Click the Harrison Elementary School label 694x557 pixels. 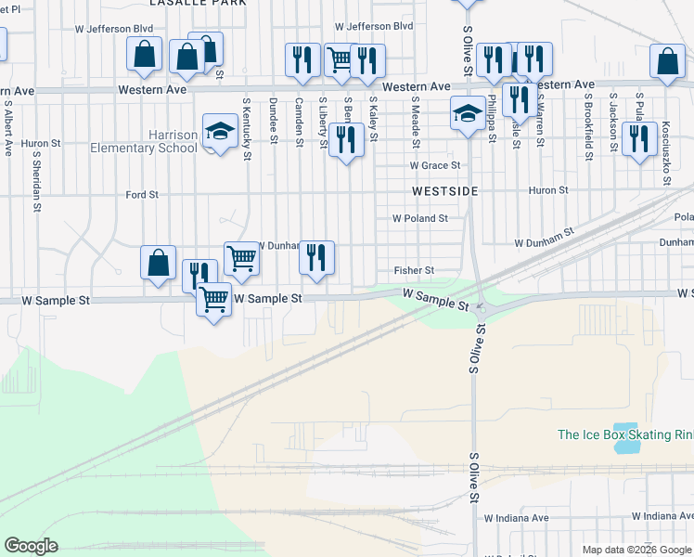pos(144,141)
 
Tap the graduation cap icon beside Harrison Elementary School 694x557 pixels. pos(221,131)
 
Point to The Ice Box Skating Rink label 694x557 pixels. pos(624,434)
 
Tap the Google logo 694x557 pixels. pos(31,546)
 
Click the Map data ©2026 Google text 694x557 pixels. pos(636,550)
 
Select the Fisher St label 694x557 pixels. pos(414,270)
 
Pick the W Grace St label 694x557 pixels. pos(435,165)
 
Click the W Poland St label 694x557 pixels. pos(419,219)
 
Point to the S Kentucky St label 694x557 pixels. pos(246,127)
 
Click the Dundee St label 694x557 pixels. pos(273,121)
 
